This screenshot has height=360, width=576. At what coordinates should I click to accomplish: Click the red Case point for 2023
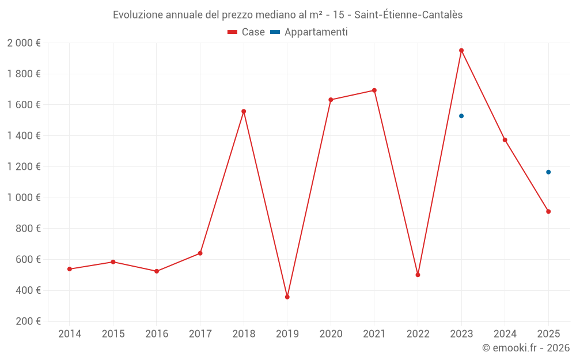[x=461, y=50]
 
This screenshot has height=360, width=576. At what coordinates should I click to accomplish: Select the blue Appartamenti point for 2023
[x=461, y=116]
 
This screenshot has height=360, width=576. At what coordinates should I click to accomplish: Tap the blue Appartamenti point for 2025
[x=548, y=172]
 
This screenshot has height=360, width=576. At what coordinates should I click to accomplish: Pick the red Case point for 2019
[x=287, y=297]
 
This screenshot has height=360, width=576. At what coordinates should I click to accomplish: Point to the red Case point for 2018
[x=244, y=111]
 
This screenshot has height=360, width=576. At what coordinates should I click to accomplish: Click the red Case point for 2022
[x=418, y=275]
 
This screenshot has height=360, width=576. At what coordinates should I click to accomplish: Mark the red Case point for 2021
[x=374, y=90]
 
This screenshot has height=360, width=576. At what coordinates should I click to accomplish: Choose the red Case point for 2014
[x=70, y=269]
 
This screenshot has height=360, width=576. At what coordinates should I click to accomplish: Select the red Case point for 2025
[x=548, y=211]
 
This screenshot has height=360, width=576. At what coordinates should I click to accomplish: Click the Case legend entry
[x=247, y=32]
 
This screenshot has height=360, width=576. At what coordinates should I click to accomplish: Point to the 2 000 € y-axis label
[x=24, y=43]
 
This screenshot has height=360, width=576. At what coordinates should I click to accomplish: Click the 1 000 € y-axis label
[x=24, y=198]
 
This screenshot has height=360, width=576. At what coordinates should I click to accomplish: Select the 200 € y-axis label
[x=27, y=321]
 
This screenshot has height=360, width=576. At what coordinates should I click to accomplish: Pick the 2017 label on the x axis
[x=200, y=334]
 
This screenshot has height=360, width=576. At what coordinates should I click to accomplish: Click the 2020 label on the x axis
[x=331, y=334]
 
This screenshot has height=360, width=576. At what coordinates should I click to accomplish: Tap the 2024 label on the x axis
[x=505, y=334]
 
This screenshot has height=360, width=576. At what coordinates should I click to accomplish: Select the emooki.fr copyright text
[x=525, y=348]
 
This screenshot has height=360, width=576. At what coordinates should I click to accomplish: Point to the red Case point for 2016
[x=157, y=271]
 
